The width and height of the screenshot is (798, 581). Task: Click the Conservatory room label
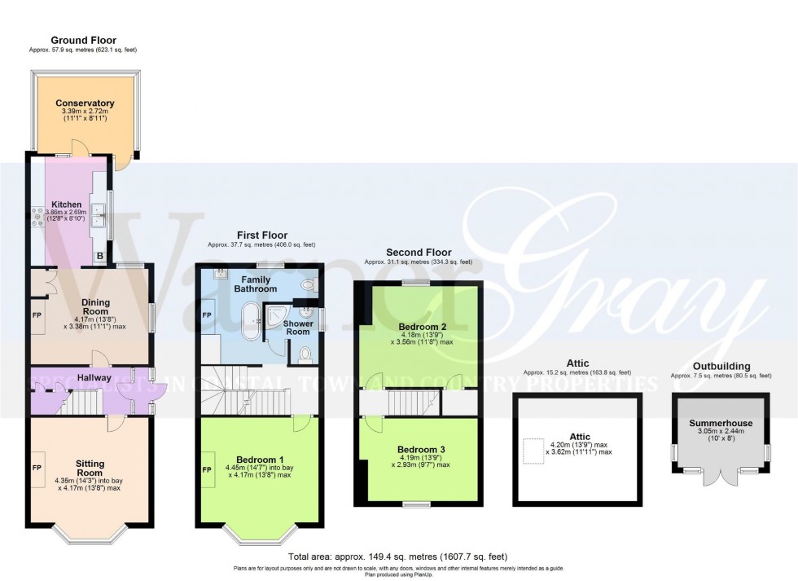(85, 103)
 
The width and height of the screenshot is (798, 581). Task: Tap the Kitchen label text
(65, 205)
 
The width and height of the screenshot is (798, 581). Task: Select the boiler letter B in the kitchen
(100, 257)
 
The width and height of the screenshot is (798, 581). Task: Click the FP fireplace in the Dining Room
(37, 314)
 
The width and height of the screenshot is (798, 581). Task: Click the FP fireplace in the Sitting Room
(37, 469)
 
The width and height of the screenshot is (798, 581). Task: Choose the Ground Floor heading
(83, 40)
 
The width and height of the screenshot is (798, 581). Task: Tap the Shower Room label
(297, 328)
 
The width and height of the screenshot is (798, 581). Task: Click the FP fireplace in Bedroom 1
(207, 470)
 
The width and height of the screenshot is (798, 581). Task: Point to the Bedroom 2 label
(419, 327)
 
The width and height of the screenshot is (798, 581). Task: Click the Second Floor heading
(419, 253)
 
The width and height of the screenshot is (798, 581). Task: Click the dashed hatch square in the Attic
(533, 451)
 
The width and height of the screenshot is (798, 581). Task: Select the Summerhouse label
(720, 424)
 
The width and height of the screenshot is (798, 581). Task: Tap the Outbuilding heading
(721, 366)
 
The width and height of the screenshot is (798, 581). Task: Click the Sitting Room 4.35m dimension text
(89, 480)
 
